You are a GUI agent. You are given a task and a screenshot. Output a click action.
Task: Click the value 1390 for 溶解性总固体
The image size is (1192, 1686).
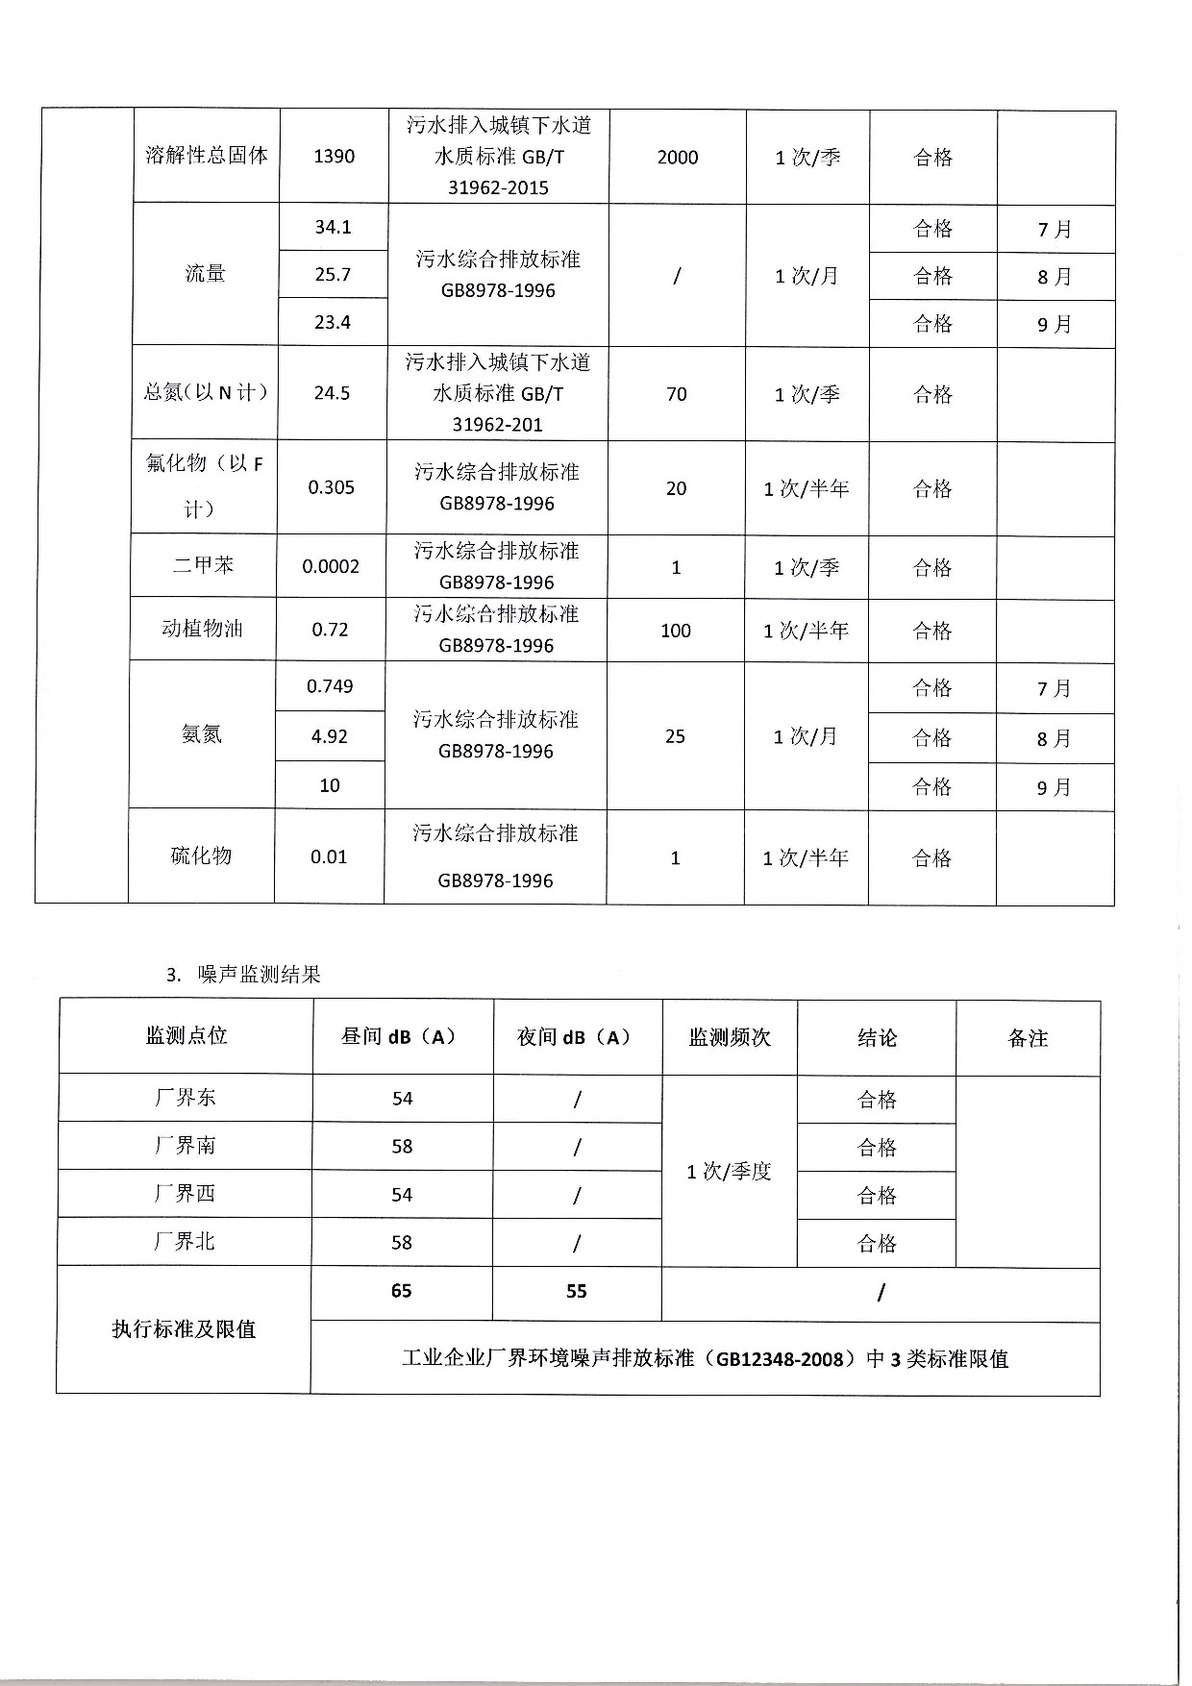[334, 157]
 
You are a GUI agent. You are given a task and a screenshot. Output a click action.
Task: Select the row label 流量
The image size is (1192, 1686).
[205, 275]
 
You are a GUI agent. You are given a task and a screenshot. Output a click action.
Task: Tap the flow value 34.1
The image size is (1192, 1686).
[333, 228]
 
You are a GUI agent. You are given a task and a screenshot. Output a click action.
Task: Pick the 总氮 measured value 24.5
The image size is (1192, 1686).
[332, 393]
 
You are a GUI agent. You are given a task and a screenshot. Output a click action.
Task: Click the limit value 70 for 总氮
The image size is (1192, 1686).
[677, 394]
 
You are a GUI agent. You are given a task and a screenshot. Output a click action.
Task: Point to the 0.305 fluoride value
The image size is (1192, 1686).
[331, 488]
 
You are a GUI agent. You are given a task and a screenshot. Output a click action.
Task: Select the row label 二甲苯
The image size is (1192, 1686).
[203, 566]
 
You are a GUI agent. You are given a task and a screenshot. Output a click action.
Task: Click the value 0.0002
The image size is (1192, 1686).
[331, 567]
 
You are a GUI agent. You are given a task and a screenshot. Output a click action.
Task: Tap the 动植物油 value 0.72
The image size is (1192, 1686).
[330, 630]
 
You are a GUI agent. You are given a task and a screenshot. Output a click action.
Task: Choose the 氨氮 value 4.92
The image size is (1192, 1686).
[329, 736]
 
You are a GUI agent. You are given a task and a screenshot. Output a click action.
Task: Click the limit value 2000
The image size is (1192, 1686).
[678, 158]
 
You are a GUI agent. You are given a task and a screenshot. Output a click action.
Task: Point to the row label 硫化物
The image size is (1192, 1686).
[201, 856]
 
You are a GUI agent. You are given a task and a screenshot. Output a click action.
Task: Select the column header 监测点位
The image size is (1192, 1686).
[186, 1036]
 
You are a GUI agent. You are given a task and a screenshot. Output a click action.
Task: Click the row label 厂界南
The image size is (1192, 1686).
[185, 1146]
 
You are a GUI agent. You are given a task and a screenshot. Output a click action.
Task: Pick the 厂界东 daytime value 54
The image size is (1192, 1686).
[402, 1099]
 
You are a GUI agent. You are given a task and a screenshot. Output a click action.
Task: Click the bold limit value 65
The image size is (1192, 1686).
[401, 1291]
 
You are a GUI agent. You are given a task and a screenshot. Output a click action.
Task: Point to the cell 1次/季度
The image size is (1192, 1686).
[729, 1172]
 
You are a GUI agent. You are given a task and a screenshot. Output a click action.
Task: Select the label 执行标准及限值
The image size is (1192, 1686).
[184, 1330]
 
